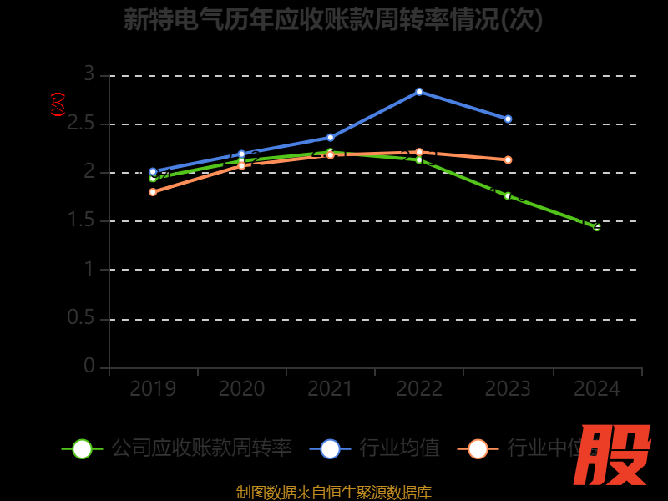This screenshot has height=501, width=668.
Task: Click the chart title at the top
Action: [x=333, y=19]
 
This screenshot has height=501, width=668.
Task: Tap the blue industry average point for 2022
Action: [x=419, y=92]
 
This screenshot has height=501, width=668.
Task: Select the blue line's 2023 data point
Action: [x=508, y=119]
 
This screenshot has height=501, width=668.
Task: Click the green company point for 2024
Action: [x=596, y=226]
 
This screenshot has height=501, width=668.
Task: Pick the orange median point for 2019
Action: [x=153, y=192]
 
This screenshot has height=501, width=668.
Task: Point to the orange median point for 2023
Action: [x=508, y=159]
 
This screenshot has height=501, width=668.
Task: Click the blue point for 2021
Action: [x=330, y=138]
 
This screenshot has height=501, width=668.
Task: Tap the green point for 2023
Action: [x=508, y=195]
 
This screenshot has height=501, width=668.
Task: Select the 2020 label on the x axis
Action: [x=241, y=389]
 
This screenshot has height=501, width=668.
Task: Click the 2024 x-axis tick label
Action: [x=596, y=389]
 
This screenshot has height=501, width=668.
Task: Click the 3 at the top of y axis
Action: [x=89, y=74]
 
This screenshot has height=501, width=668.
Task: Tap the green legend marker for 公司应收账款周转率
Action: [x=82, y=448]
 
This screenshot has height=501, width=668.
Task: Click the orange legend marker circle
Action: [x=478, y=448]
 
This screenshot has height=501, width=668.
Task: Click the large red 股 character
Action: [x=614, y=455]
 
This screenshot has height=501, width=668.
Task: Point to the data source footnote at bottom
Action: [x=333, y=492]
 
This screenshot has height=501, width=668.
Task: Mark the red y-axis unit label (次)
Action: [x=58, y=104]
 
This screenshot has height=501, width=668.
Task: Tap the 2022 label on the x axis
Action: [x=419, y=389]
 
